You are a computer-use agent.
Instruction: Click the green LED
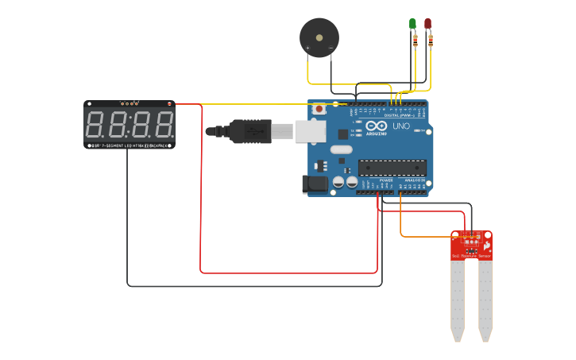(412, 24)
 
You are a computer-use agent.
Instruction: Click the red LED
(428, 24)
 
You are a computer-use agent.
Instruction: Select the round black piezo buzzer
(319, 37)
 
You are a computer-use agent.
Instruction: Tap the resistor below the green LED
(415, 41)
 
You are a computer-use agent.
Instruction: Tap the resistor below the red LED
(430, 41)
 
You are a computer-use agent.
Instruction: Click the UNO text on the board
(401, 126)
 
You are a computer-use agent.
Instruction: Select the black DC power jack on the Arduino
(315, 184)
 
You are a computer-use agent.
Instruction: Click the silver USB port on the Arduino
(311, 131)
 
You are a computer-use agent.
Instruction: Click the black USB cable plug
(250, 131)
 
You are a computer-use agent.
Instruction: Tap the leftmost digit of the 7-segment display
(95, 125)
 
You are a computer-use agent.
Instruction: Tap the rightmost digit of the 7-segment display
(163, 125)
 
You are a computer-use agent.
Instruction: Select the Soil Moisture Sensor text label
(471, 256)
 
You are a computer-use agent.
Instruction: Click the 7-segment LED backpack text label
(130, 145)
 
